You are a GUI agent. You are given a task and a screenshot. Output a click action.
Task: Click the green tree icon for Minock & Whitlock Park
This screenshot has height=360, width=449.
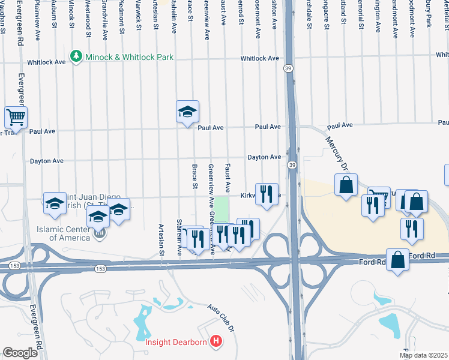(x=76, y=57)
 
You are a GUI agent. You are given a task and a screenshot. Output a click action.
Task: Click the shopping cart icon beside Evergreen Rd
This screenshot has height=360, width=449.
(x=16, y=116)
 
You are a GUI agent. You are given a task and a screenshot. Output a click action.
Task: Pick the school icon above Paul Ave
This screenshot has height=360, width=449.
(x=187, y=111)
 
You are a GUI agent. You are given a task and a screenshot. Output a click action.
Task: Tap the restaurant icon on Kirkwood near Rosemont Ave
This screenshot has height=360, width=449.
(x=267, y=193)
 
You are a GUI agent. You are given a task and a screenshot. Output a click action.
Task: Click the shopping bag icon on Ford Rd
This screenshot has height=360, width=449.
(x=397, y=260)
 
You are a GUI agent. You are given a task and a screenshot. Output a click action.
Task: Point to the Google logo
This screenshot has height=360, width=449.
(x=20, y=353)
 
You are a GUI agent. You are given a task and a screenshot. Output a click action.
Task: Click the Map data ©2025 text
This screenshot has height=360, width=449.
(x=423, y=355)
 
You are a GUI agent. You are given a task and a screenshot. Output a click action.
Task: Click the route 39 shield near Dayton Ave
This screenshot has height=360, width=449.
(x=292, y=165)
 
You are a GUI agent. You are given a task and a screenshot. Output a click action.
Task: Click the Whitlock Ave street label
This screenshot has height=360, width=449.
(x=260, y=58)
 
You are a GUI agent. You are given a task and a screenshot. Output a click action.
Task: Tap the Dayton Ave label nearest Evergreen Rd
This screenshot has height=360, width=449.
(x=47, y=161)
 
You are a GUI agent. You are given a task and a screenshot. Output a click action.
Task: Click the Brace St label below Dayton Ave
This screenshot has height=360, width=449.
(x=194, y=176)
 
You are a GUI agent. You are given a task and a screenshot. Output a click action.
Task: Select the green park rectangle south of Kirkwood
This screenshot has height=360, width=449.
(x=223, y=209)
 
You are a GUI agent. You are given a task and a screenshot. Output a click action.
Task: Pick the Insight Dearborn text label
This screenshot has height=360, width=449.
(x=176, y=343)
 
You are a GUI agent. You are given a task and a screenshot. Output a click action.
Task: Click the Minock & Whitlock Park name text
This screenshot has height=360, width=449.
(x=130, y=57)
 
